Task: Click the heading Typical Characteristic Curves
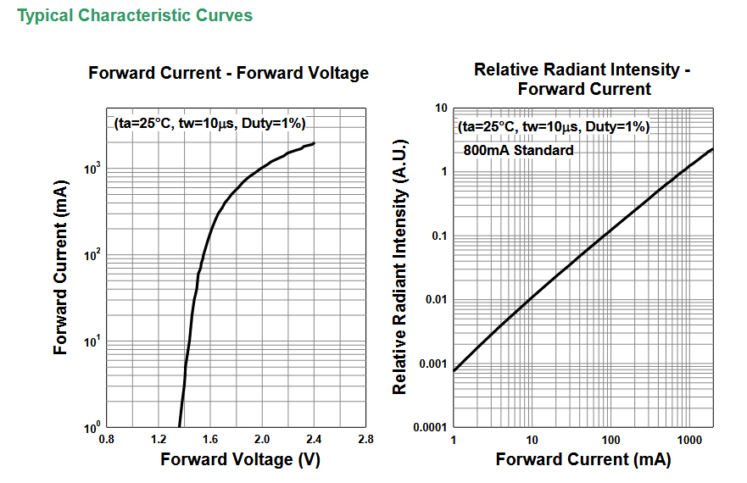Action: tap(135, 15)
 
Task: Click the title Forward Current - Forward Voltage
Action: tap(229, 73)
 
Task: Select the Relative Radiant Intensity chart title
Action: tap(583, 79)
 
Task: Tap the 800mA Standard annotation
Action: tap(518, 150)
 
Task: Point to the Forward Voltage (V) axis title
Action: tap(240, 459)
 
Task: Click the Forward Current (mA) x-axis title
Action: tap(583, 459)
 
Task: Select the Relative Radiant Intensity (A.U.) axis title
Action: tap(399, 267)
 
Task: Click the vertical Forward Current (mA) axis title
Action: tap(60, 267)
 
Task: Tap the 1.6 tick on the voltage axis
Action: tap(210, 439)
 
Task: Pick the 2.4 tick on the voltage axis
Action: tap(314, 439)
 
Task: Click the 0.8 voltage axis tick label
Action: tap(106, 439)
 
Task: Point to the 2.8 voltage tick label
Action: tap(365, 439)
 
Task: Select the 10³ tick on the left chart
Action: tap(92, 169)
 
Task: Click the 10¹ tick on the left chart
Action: tap(92, 341)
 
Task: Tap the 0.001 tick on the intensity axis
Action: tap(433, 364)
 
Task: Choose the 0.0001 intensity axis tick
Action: tap(430, 427)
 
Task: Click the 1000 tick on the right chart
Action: tap(689, 440)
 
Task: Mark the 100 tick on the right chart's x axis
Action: tap(610, 440)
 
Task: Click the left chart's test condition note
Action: tap(209, 124)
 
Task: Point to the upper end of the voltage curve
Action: tap(314, 143)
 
